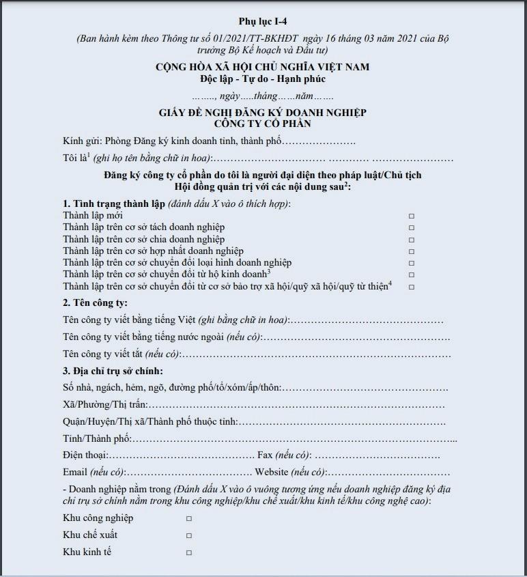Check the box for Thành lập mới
(412, 216)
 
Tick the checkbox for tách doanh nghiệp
(412, 228)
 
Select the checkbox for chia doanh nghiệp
(412, 240)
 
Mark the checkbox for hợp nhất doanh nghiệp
(412, 251)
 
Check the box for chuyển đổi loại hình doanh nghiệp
(412, 263)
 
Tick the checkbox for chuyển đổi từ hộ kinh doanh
(412, 275)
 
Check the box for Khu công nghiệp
(189, 518)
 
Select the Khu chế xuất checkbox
(189, 535)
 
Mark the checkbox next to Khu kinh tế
(189, 552)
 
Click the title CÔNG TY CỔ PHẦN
(263, 124)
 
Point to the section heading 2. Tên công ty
(96, 302)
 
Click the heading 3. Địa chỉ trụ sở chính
(113, 371)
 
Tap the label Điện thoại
(85, 455)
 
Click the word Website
(272, 472)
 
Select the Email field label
(75, 472)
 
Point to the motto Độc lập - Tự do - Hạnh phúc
(263, 79)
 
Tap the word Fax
(266, 455)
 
